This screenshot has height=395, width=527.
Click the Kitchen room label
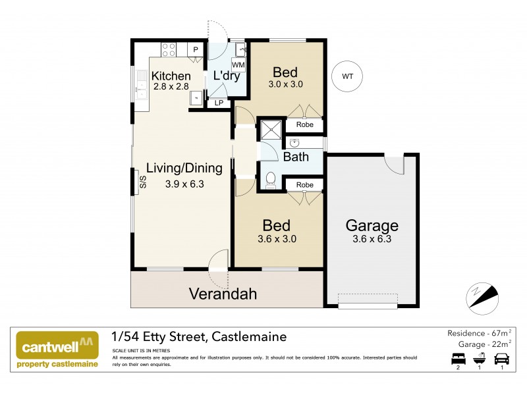[171, 76]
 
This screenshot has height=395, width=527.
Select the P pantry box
[196, 49]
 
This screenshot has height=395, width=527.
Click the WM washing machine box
[238, 65]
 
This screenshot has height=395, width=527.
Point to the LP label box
[219, 103]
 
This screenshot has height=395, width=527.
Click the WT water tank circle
[347, 76]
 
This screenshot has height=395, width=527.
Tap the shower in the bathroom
[271, 130]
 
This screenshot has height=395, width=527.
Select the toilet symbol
[270, 178]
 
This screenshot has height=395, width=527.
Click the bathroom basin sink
[294, 143]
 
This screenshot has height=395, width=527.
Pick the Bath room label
[296, 157]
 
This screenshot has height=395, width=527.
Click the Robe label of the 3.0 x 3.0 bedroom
[304, 124]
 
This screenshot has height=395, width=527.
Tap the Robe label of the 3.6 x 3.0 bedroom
[304, 185]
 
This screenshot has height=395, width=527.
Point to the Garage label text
[372, 226]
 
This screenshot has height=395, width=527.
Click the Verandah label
[223, 294]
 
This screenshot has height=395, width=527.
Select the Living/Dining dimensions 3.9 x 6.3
[184, 184]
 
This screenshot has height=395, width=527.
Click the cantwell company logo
[57, 350]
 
